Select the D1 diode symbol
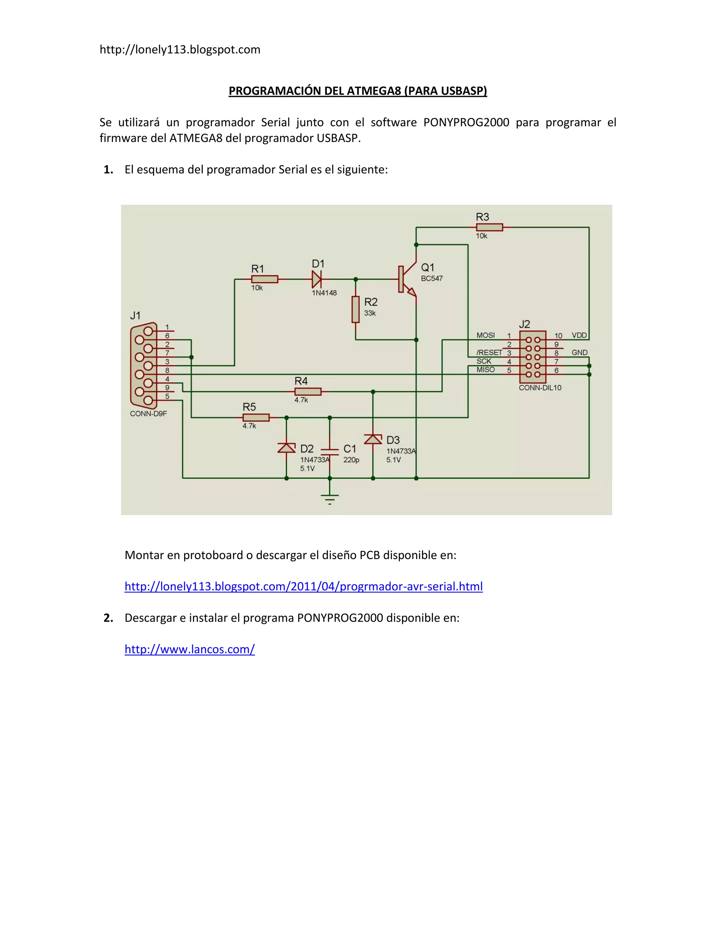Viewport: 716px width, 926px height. coord(316,280)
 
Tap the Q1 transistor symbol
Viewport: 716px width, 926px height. coord(406,280)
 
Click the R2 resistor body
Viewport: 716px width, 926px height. coord(356,310)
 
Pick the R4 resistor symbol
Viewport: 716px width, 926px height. coord(308,391)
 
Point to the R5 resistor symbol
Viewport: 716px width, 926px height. coord(256,418)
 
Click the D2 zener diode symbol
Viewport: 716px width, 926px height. coord(286,447)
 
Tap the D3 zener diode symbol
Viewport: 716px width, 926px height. coord(373,439)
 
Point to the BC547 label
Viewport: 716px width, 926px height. coord(432,278)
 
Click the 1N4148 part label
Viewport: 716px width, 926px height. coord(324,293)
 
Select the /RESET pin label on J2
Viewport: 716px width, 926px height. coord(489,353)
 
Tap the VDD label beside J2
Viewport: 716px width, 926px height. coord(579,335)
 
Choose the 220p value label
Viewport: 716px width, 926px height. coord(351,460)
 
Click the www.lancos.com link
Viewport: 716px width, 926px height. coord(189,649)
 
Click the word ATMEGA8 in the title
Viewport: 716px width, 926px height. coord(374,91)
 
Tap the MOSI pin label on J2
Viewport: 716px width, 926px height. coord(486,335)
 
